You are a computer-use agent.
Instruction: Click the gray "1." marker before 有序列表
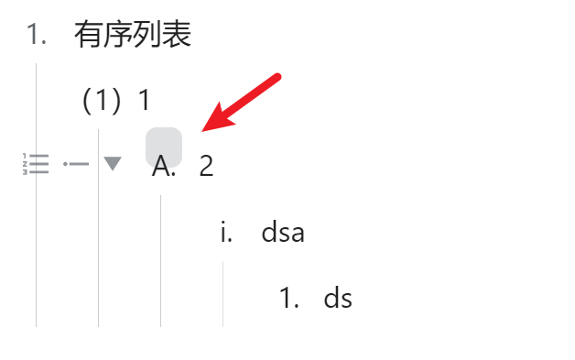coord(37,35)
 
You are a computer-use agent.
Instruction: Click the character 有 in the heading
coord(89,35)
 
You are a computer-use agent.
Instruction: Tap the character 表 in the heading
coord(178,35)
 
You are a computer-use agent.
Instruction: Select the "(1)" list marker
coord(102,101)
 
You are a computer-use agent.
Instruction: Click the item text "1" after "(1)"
coord(144,101)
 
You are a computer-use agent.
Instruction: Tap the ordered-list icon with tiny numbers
coord(35,165)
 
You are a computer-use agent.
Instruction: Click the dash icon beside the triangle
coord(76,165)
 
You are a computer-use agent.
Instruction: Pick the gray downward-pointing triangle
coord(113,164)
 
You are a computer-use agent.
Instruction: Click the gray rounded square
coord(164,147)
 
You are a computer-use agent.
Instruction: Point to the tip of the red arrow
coord(203,128)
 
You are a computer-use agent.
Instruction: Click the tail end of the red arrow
coord(278,77)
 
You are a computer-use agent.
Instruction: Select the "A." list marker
coord(165,167)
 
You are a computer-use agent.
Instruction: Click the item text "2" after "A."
coord(206,167)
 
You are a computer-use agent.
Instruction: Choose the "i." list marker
coord(226,233)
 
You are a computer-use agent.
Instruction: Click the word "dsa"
coord(283,233)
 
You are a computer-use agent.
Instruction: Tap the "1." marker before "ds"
coord(290,299)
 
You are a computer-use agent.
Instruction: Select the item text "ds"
coord(338,299)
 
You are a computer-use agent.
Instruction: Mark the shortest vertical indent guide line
coord(222,293)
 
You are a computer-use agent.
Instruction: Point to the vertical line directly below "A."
coord(160,260)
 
